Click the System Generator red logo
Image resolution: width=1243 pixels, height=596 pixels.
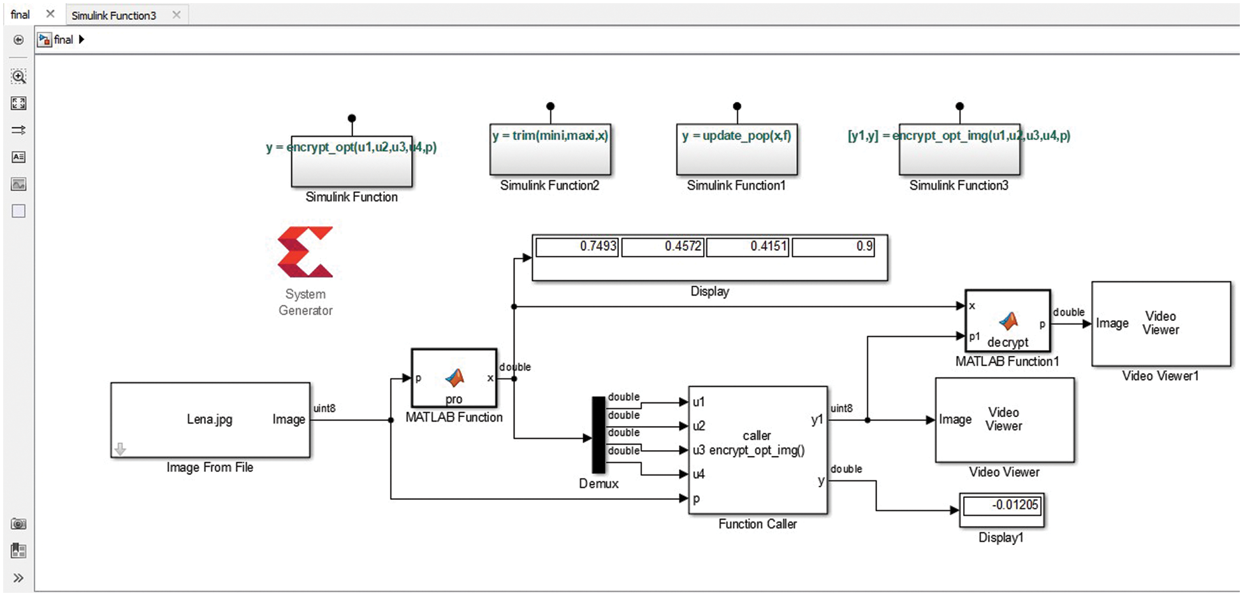pyautogui.click(x=305, y=252)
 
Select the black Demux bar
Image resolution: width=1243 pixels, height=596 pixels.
pyautogui.click(x=598, y=435)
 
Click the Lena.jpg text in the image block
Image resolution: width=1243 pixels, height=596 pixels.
pyautogui.click(x=209, y=420)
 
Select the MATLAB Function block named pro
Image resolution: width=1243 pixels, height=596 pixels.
pyautogui.click(x=454, y=378)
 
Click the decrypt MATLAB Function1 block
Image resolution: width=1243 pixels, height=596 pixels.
pyautogui.click(x=1007, y=321)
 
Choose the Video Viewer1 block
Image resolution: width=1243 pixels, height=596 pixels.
pyautogui.click(x=1161, y=323)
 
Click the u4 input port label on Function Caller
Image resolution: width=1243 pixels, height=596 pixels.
pyautogui.click(x=699, y=474)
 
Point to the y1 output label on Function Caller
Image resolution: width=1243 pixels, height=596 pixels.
pyautogui.click(x=817, y=420)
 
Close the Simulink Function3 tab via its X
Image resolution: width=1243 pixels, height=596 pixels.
pyautogui.click(x=177, y=15)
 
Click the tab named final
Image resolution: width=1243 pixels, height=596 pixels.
pyautogui.click(x=20, y=15)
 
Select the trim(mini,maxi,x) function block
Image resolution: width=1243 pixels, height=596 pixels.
pyautogui.click(x=550, y=150)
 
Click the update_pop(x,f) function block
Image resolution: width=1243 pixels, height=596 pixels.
pyautogui.click(x=736, y=150)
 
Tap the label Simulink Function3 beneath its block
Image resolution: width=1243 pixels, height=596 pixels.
pyautogui.click(x=958, y=186)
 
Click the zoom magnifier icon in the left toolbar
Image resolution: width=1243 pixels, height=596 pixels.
pyautogui.click(x=18, y=77)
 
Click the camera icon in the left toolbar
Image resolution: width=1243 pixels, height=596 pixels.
pyautogui.click(x=18, y=524)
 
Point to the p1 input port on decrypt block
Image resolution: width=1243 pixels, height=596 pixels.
pyautogui.click(x=975, y=337)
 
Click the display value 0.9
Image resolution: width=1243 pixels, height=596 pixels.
pyautogui.click(x=832, y=246)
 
